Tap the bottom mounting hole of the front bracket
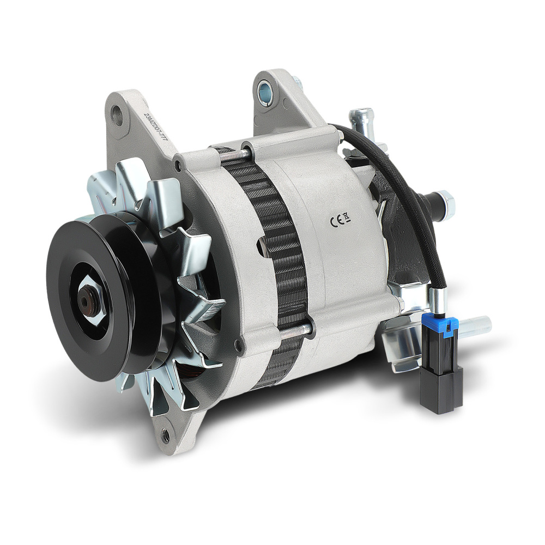pyautogui.click(x=165, y=434)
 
